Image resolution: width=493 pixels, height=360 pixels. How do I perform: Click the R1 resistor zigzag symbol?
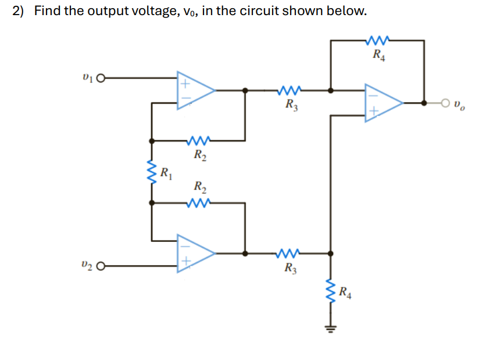pos(152,172)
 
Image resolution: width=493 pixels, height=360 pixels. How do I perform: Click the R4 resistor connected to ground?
pos(331,291)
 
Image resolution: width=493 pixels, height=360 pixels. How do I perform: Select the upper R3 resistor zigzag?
pos(289,91)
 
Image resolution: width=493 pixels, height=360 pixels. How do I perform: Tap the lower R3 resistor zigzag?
pos(289,254)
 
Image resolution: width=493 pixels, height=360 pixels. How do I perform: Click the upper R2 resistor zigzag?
pos(199,141)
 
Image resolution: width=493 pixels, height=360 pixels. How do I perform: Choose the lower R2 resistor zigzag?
pos(199,203)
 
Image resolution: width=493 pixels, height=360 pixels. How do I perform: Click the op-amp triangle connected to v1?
pos(195,91)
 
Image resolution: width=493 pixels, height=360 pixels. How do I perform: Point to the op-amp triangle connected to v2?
pos(195,254)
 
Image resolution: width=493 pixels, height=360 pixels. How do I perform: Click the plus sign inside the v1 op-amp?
pos(184,83)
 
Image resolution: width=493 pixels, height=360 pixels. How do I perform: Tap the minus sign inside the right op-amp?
pos(373,94)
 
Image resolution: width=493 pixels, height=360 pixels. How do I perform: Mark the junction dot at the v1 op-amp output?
pos(246,91)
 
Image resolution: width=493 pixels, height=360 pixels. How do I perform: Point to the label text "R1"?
pos(166,172)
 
